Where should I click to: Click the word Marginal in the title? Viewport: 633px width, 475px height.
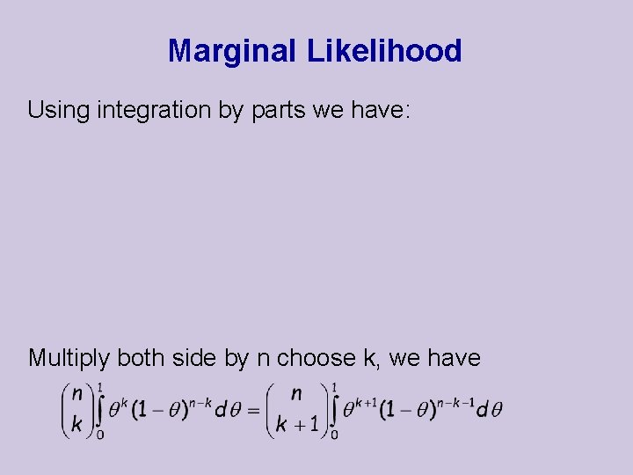coord(233,51)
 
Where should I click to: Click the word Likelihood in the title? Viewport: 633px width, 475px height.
coord(384,51)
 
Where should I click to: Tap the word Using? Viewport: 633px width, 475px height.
coord(58,110)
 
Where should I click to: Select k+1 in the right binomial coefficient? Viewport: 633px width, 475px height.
coord(296,424)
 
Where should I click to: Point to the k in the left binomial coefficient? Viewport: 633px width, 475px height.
coord(77,424)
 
